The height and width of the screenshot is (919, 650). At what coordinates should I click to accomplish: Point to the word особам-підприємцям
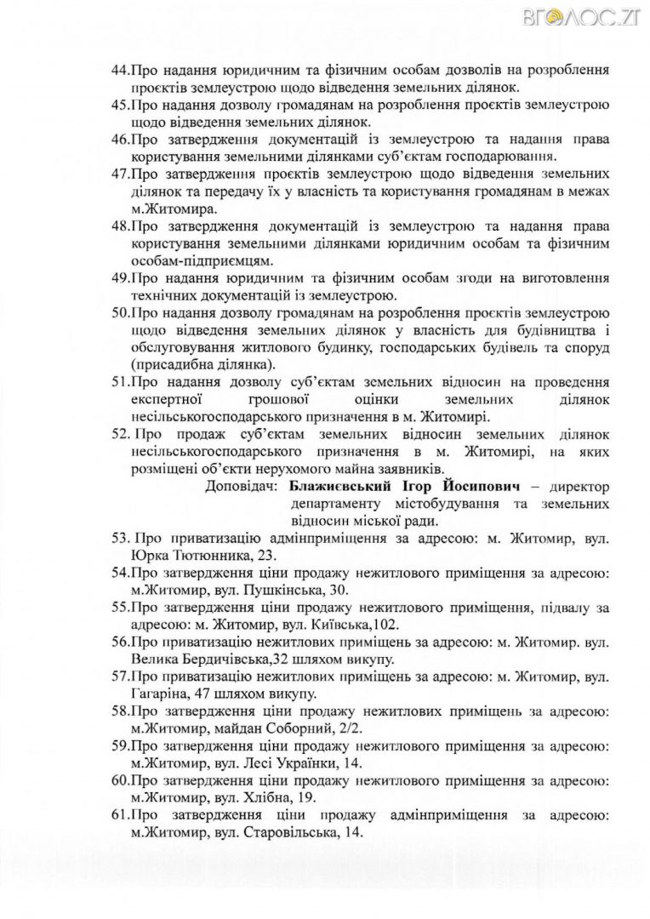tap(200, 260)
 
